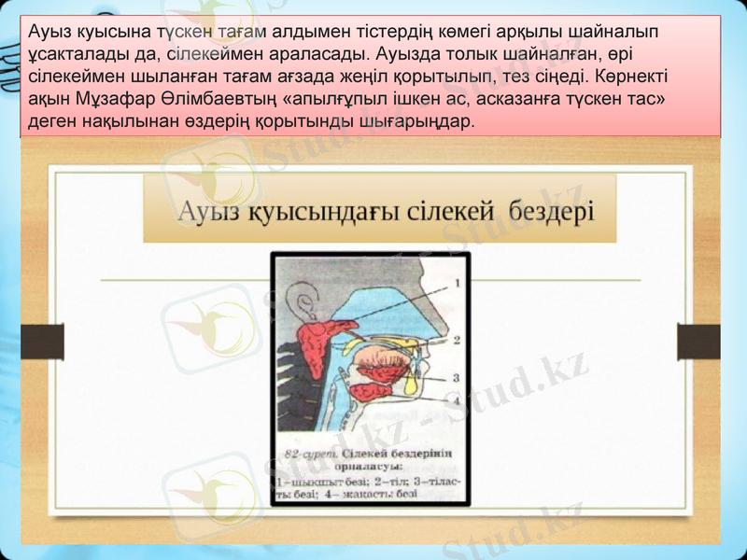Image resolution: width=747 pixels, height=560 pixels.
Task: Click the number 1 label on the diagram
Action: point(457,280)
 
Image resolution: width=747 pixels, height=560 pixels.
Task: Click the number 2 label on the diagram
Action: point(457,340)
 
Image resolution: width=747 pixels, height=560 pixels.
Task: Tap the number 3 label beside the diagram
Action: point(457,378)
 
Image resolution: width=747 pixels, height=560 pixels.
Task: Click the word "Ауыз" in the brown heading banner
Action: point(210,210)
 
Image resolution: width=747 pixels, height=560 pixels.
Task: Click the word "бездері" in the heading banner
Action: point(550,210)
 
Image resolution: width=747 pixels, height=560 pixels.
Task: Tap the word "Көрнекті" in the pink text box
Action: point(631,76)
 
